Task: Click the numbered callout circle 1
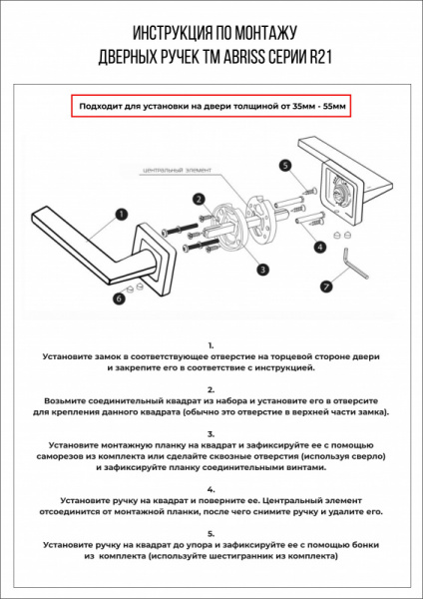(x=121, y=213)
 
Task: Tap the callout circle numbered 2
(x=200, y=199)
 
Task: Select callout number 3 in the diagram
(x=261, y=269)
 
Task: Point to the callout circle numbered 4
(x=320, y=246)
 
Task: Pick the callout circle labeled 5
(x=284, y=166)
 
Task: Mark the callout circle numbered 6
(x=120, y=298)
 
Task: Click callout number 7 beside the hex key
(x=325, y=287)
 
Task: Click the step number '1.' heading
(x=211, y=342)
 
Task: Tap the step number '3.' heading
(x=211, y=434)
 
